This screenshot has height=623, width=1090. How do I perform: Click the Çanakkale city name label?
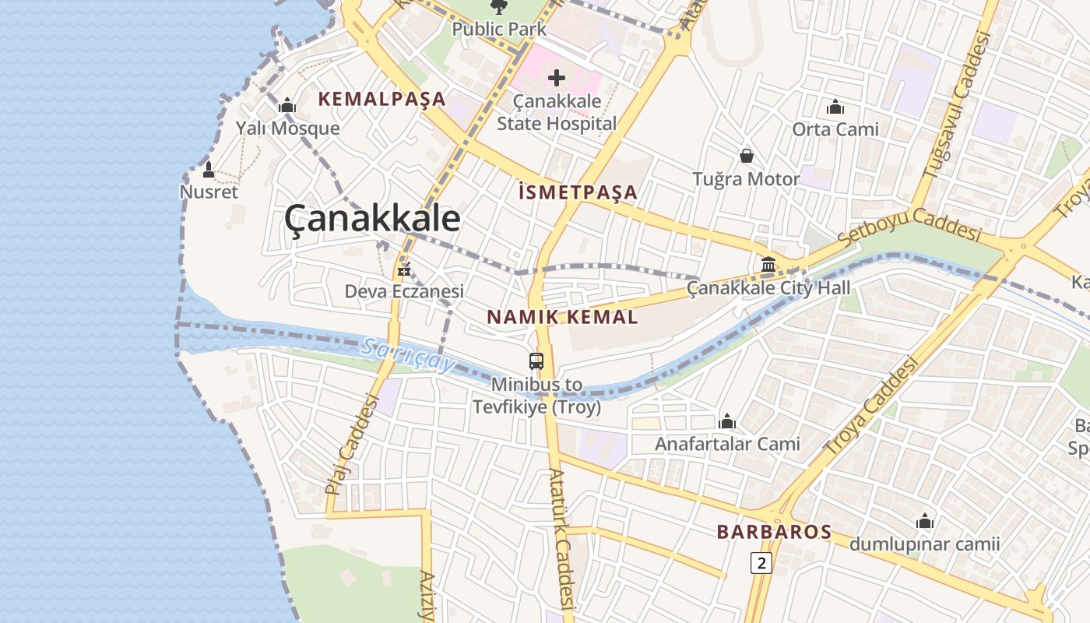(x=372, y=218)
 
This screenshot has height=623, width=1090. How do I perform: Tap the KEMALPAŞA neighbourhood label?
(x=382, y=99)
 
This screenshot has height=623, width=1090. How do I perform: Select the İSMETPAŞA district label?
(x=578, y=192)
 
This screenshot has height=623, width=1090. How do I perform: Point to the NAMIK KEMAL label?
(x=562, y=317)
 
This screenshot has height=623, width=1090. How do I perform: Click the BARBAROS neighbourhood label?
(x=774, y=532)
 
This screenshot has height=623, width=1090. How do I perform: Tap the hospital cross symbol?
(x=557, y=78)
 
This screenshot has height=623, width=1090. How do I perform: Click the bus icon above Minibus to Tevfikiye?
(x=536, y=361)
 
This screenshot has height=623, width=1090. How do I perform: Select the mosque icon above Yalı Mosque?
(x=287, y=105)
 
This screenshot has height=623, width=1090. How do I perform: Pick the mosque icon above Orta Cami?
(x=835, y=107)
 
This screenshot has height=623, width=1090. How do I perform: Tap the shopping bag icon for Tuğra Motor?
(x=747, y=156)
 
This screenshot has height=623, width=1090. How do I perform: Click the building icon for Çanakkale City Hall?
(x=768, y=265)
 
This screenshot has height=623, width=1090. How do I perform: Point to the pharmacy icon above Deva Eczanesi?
(x=403, y=269)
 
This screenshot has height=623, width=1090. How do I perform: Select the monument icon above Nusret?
(x=208, y=169)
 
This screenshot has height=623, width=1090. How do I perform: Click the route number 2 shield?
(x=761, y=562)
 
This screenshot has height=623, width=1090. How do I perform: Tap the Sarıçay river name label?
(x=407, y=354)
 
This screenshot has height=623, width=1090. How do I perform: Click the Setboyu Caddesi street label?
(x=909, y=227)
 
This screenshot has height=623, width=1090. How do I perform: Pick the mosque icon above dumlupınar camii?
(x=924, y=520)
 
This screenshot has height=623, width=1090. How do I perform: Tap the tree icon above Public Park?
(x=498, y=7)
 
